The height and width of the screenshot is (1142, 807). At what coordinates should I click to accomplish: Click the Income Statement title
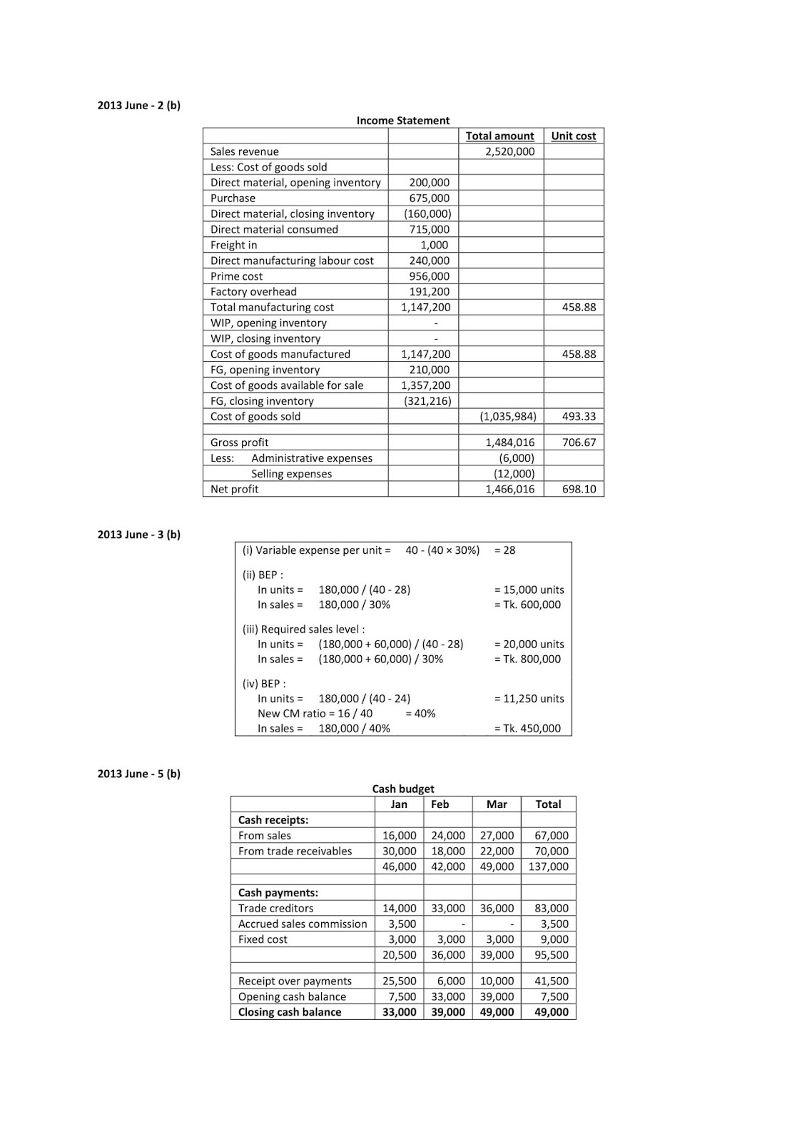(x=402, y=121)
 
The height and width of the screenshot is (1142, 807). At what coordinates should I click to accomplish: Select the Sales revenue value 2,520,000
(x=509, y=151)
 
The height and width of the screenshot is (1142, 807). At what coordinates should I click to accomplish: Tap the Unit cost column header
(x=573, y=136)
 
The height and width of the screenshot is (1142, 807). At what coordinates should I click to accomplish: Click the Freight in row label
(x=233, y=245)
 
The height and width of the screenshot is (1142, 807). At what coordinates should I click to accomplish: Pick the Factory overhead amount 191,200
(x=429, y=291)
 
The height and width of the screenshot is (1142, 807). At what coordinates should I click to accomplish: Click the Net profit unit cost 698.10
(x=579, y=489)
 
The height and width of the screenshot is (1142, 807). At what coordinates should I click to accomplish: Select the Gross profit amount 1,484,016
(x=509, y=443)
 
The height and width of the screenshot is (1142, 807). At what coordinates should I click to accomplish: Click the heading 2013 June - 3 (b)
(x=139, y=535)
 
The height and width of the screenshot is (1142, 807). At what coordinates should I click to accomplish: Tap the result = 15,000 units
(x=529, y=590)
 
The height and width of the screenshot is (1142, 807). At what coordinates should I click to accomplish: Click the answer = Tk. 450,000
(x=527, y=728)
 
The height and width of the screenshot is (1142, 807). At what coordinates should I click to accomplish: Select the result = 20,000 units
(x=529, y=644)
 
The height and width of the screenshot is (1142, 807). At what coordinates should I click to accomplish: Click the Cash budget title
(x=403, y=789)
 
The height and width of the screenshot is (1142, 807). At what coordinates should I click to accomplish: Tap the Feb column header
(x=440, y=804)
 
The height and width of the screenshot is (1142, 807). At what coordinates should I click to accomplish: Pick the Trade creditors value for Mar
(x=497, y=908)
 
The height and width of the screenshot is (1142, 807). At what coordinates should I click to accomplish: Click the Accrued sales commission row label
(x=303, y=924)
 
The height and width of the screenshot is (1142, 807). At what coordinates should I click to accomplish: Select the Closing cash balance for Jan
(x=399, y=1012)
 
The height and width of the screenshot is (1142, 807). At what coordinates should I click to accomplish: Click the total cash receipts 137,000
(x=548, y=866)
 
